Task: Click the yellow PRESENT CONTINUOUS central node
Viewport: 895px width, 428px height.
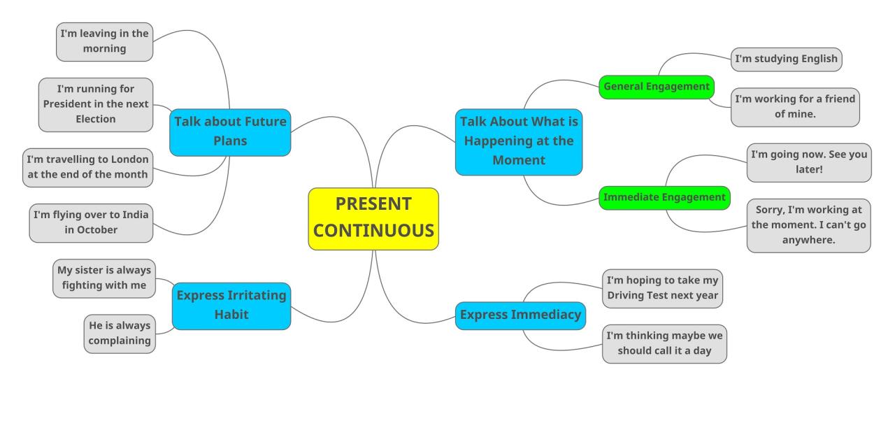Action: coord(373,218)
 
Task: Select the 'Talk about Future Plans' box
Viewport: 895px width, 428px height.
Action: coord(230,131)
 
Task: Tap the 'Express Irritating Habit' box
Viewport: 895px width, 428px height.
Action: coord(231,306)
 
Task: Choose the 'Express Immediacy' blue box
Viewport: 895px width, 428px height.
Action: coord(520,315)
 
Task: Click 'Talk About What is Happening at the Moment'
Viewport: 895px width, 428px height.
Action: coord(519,141)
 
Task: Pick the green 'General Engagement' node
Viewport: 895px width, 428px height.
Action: coord(657,87)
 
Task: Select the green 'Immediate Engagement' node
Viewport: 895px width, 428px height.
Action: coord(664,198)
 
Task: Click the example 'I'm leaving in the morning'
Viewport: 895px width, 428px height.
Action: coord(104,41)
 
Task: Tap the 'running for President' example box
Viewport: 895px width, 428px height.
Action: coord(96,104)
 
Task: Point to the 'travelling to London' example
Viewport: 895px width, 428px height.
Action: coord(87,167)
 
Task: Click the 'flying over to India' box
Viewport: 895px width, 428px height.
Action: coord(91,222)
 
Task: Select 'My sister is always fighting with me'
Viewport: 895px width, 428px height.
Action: coord(104,278)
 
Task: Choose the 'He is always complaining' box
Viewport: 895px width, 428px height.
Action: coord(120,334)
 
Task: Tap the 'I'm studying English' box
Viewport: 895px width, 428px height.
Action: coord(786,59)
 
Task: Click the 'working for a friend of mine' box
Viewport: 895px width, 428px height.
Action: coord(795,107)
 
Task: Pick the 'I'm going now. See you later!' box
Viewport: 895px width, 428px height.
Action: coord(809,162)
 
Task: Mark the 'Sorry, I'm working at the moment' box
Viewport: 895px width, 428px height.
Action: coord(808,225)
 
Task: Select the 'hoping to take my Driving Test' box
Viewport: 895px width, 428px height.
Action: coord(662,288)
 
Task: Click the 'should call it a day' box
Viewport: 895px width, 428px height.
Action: coord(664,343)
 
